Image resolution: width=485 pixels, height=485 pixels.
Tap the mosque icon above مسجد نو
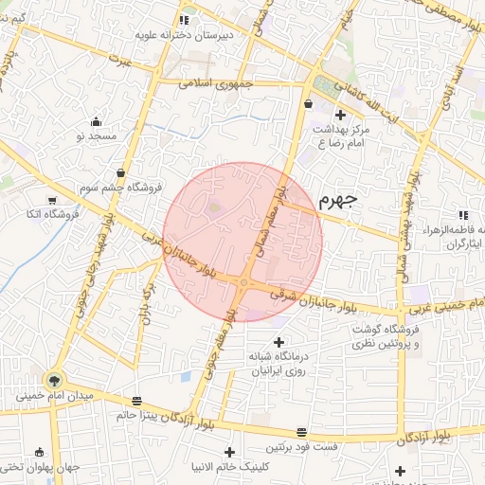[96, 121]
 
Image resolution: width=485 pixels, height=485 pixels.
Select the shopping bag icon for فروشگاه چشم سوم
[121, 172]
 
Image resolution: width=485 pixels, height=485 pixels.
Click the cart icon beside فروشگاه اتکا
[51, 200]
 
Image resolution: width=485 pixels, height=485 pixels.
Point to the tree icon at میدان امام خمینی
[53, 379]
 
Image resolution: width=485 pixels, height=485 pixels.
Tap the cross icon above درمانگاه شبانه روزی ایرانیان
[278, 341]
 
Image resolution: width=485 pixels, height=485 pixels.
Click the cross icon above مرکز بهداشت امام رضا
[340, 115]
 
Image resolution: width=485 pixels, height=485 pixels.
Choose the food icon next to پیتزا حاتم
[138, 400]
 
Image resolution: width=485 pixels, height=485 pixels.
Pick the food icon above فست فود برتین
[301, 431]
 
